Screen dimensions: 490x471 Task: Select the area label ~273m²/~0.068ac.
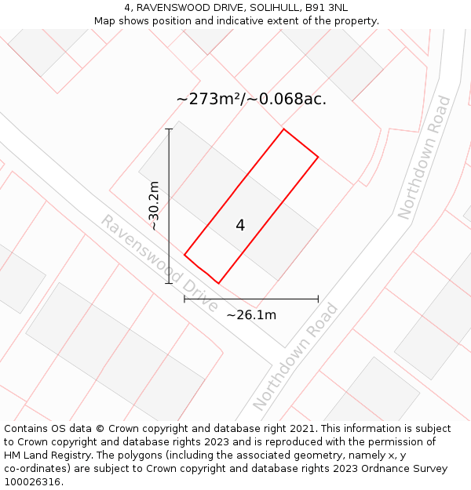point(251,100)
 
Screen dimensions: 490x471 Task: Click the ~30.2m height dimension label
point(154,205)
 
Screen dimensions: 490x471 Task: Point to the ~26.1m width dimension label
point(251,315)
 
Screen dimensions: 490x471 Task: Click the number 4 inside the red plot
point(240,226)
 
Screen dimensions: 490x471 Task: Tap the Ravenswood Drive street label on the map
point(159,263)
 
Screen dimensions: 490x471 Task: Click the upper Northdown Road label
point(424,157)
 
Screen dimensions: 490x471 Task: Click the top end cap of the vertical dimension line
point(170,129)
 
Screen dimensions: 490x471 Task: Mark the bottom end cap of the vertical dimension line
point(170,283)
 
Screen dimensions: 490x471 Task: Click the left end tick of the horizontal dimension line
point(184,299)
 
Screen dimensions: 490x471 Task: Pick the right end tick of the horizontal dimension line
point(318,299)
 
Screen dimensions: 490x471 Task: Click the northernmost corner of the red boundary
point(283,129)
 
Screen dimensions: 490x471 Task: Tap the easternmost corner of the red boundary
point(318,157)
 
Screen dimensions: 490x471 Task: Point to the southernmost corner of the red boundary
point(218,283)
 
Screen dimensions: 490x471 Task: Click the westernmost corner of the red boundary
point(184,255)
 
